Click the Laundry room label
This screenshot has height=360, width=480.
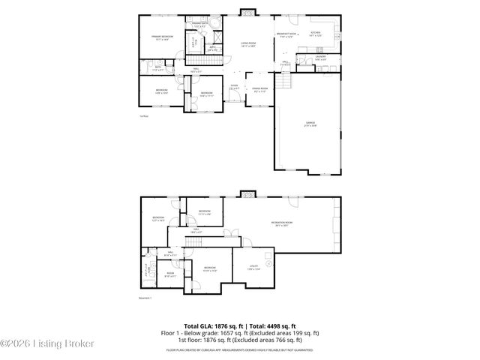[x=320, y=58]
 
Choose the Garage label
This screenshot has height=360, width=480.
[x=310, y=124]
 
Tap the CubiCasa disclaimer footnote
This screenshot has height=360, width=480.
[x=240, y=349]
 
